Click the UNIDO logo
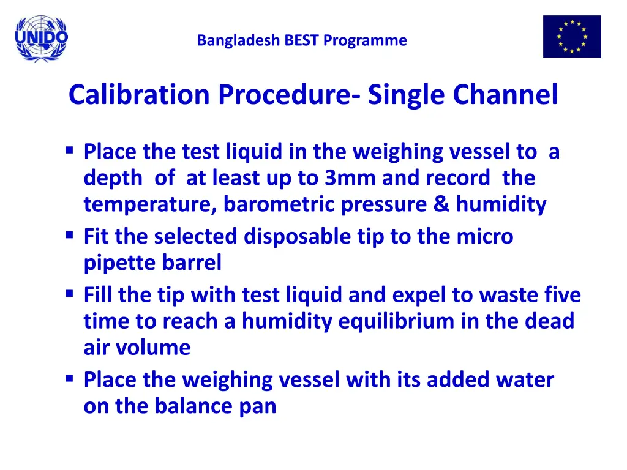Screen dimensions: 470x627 click(42, 39)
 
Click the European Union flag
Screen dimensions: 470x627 click(572, 37)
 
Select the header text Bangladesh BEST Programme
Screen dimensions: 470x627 click(302, 41)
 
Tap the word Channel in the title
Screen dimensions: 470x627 click(505, 95)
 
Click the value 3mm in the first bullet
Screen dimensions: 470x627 click(350, 178)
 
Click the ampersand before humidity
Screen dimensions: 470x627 click(440, 204)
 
